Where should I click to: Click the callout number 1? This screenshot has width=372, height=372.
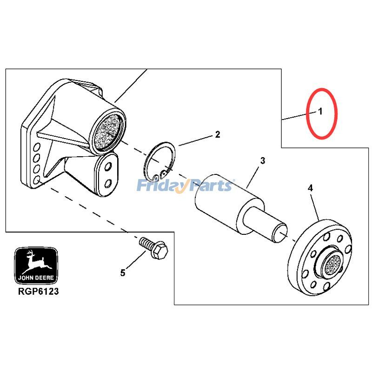320,111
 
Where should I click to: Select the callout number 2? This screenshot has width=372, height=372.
217,134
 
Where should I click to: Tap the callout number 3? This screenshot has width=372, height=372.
262,160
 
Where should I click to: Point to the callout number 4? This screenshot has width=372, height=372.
310,188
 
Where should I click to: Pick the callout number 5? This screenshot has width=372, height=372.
122,273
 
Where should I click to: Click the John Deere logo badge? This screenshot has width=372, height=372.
36,266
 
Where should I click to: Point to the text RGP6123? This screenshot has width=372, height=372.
38,292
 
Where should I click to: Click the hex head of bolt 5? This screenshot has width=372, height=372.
159,250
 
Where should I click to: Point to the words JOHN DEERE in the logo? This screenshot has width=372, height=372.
36,278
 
